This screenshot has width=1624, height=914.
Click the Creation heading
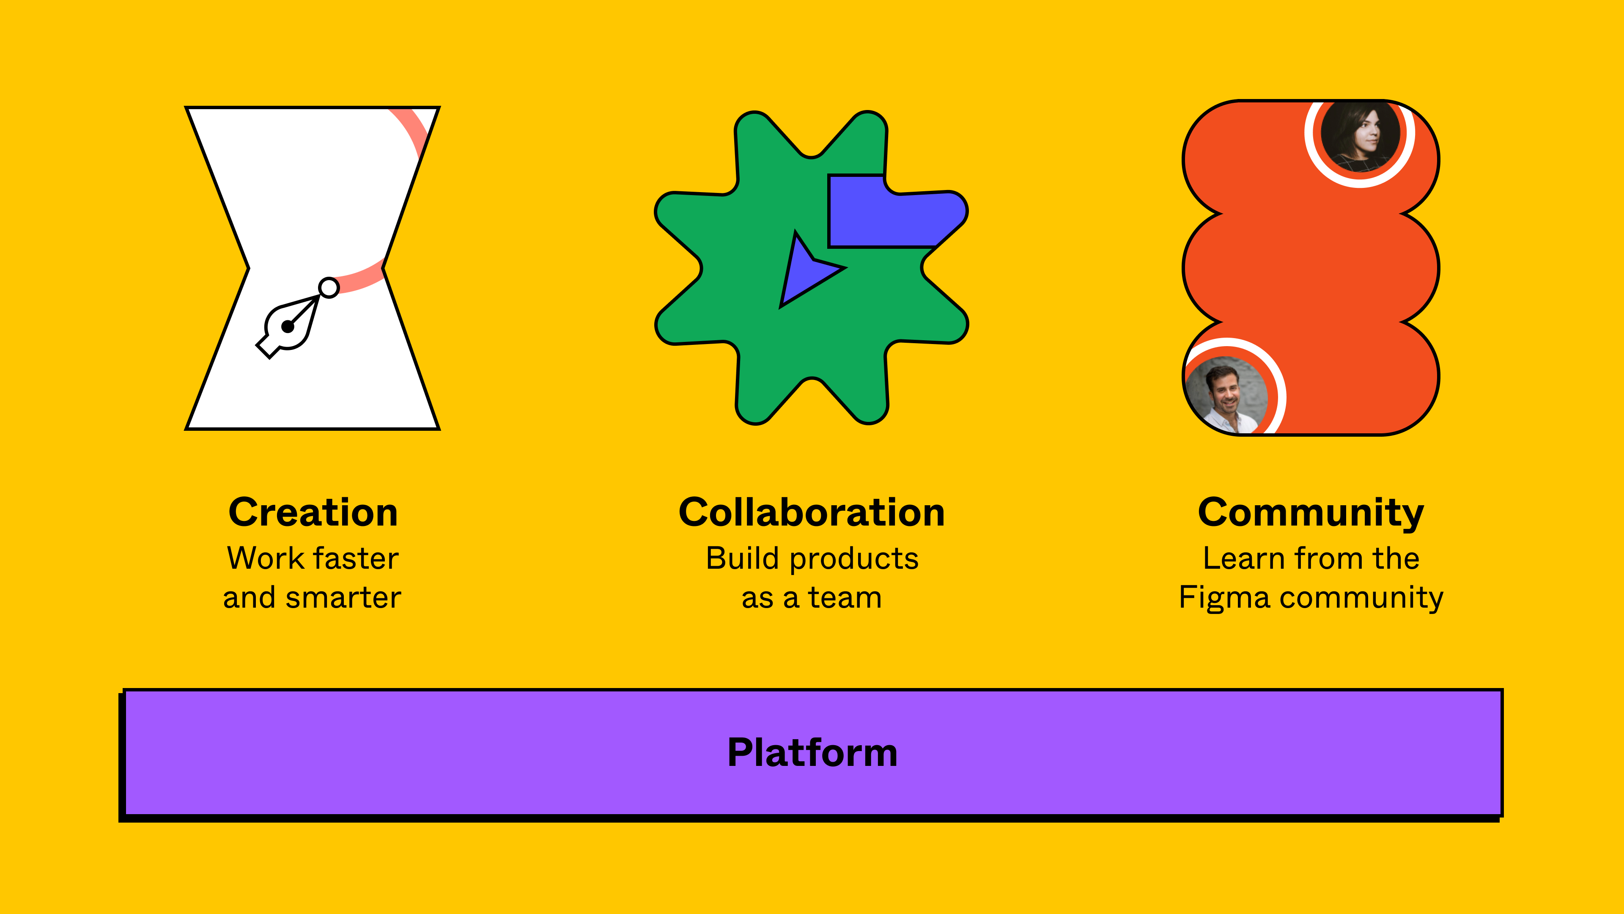(x=313, y=512)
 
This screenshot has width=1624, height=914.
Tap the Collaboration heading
(x=812, y=512)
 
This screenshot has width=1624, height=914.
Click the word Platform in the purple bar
(x=812, y=752)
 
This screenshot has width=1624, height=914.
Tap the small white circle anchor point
(x=329, y=288)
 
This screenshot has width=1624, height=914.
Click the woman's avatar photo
(x=1360, y=135)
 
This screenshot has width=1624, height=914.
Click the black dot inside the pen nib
(x=288, y=327)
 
